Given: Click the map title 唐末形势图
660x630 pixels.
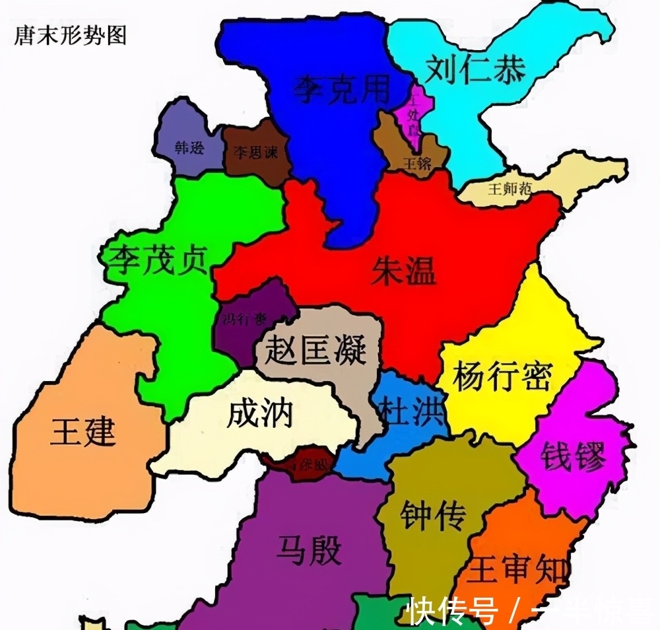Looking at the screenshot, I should pos(70,34).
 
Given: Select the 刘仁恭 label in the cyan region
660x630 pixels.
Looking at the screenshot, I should pos(475,69).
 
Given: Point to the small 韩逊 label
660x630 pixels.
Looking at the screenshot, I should pos(189,148).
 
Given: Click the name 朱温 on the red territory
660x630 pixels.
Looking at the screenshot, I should pos(404,271).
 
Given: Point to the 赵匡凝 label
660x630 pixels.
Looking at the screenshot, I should pos(315,348).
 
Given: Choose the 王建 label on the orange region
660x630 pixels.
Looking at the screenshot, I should pos(83,433).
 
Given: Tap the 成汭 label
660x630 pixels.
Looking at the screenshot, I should pos(259,414).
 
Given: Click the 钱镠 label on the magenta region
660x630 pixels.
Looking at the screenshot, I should pos(573,456).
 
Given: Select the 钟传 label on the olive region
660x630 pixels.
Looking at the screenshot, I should pos(433,514).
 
